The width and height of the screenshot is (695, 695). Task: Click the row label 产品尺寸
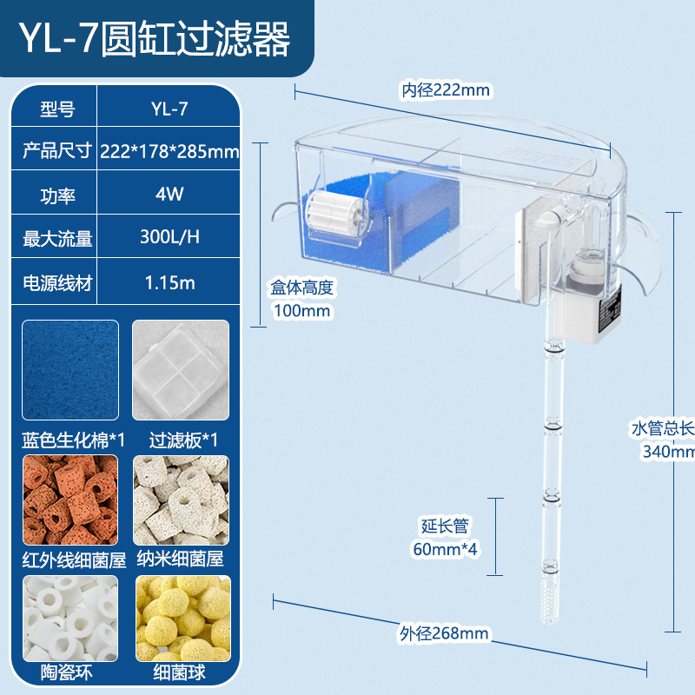tap(57, 151)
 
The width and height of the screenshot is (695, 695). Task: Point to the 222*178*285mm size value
tap(169, 151)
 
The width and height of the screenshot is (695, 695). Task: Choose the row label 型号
tap(57, 109)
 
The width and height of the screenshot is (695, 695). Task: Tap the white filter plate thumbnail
tap(181, 370)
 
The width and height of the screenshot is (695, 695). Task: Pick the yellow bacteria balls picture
tap(181, 618)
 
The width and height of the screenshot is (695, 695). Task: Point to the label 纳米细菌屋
tap(181, 560)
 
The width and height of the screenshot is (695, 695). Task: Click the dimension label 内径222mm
tap(445, 89)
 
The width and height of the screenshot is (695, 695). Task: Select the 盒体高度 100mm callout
tap(302, 298)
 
